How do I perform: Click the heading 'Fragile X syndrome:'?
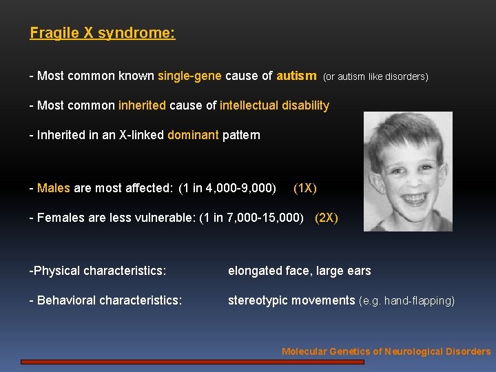point(103,33)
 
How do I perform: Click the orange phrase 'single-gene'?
point(189,76)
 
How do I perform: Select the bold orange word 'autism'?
point(296,76)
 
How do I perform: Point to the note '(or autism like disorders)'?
point(375,76)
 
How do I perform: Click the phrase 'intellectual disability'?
point(274,105)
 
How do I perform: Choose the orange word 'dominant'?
point(193,135)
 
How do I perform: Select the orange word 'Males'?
point(54,188)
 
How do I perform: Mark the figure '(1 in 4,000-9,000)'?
point(227,188)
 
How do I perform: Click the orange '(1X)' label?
point(305,188)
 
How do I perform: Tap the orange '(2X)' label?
point(327,218)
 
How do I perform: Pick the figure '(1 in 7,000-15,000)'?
point(251,218)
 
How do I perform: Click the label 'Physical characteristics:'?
point(99,271)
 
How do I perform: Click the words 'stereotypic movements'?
point(291,300)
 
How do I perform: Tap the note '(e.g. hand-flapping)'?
point(407,301)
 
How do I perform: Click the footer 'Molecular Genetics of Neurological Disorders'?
point(386,351)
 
